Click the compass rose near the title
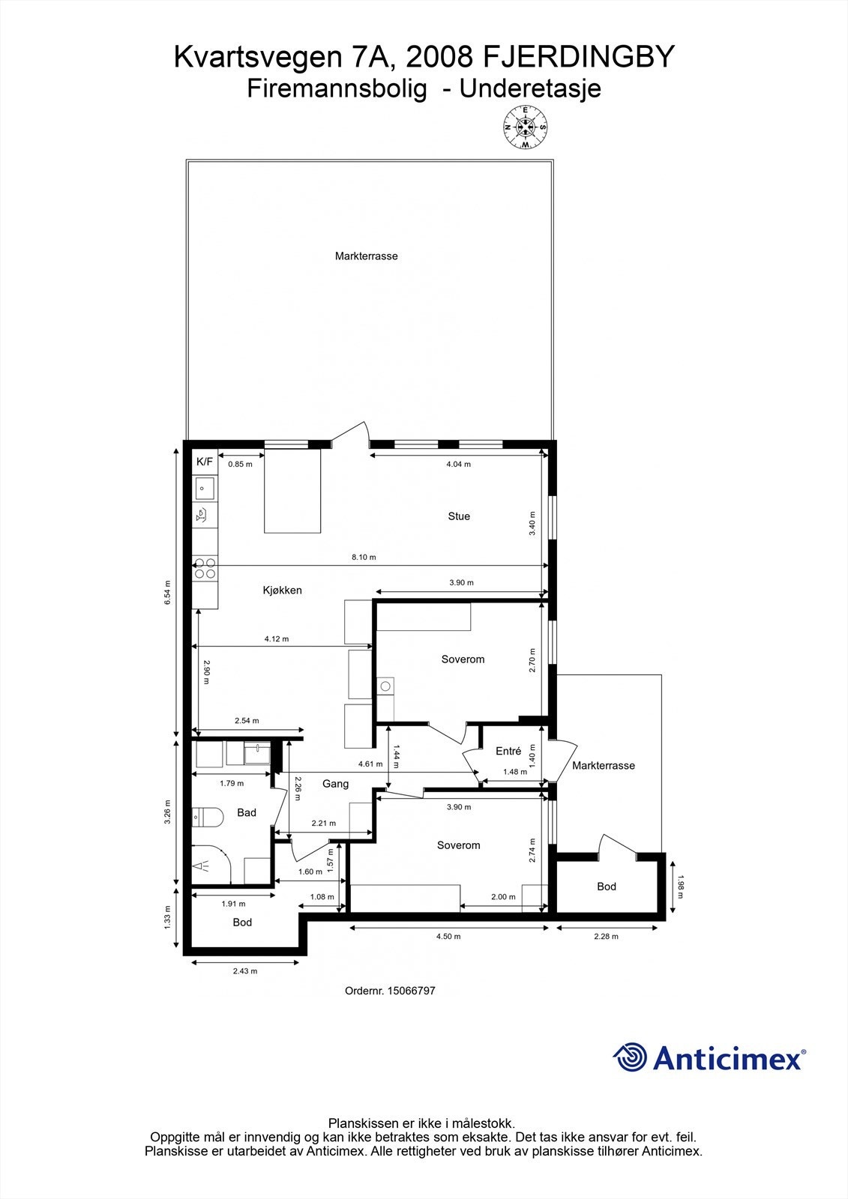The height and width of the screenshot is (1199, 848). (525, 127)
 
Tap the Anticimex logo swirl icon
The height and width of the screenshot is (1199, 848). (629, 1057)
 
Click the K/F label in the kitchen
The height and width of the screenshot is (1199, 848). (205, 462)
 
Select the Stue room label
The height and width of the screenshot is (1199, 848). (459, 516)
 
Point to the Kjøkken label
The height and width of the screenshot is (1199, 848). (282, 591)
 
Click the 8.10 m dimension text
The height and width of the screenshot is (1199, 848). (364, 558)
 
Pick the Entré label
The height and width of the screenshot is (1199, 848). (508, 751)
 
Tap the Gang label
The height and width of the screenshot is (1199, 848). (335, 784)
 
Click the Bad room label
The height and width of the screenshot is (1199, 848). (247, 812)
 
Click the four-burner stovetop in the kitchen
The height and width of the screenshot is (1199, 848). (205, 569)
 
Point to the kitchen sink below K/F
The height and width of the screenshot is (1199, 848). (204, 489)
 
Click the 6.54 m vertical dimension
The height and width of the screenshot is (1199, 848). (168, 593)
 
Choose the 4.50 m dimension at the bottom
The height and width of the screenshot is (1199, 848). (448, 936)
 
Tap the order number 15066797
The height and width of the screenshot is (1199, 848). (410, 991)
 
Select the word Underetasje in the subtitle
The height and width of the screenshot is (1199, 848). (530, 89)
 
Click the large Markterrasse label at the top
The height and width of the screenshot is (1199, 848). (367, 256)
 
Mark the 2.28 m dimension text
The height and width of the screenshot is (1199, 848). (606, 936)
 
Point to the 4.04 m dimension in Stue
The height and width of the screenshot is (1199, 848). (458, 465)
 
